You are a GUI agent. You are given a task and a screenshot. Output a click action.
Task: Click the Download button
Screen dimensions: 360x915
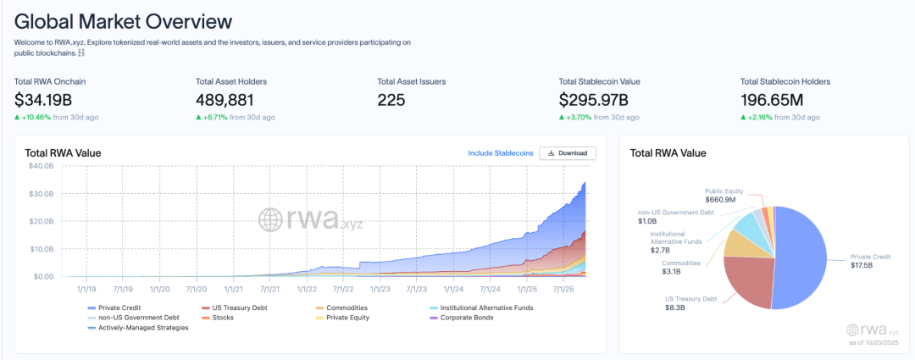point(568,153)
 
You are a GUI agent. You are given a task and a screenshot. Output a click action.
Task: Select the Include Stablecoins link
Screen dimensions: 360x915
point(501,153)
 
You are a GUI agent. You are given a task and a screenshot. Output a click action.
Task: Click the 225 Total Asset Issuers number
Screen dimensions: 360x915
point(391,100)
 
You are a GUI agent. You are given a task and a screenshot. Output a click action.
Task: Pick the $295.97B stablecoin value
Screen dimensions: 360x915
point(598,100)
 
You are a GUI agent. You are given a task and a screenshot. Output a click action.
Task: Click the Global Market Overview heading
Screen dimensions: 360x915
point(123,20)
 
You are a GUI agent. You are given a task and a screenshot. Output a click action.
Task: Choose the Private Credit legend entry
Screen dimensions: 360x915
point(119,307)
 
